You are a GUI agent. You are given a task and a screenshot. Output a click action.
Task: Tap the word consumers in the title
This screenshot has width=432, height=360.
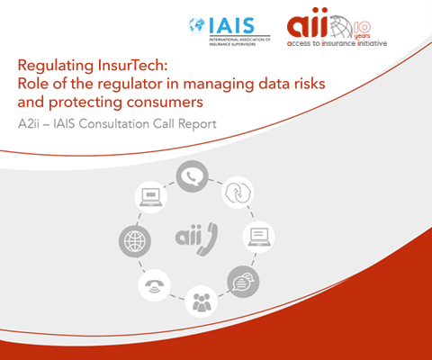coord(165,103)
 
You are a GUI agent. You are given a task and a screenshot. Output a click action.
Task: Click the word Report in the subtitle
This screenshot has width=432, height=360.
coord(197,124)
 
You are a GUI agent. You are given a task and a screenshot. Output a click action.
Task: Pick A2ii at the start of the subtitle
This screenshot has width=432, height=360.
coord(29,123)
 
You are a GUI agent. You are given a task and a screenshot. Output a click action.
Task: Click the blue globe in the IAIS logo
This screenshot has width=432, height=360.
coord(197,25)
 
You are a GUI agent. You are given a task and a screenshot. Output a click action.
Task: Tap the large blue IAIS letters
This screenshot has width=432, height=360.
coord(231,25)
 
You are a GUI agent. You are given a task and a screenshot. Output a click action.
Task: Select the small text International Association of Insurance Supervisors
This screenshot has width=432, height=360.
coord(239,41)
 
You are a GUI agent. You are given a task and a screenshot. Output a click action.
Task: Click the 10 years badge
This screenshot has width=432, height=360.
coord(362,30)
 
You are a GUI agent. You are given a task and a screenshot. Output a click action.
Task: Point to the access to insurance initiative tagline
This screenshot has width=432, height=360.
coord(337,43)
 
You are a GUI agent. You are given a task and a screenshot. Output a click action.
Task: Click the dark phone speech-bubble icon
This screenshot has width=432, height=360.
coord(192,176)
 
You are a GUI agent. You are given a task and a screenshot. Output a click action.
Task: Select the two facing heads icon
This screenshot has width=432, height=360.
coord(238,193)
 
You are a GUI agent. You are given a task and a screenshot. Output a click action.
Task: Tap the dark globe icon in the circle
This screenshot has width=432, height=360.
coord(135,241)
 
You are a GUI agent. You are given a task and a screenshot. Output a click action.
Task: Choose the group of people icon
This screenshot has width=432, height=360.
coord(201,301)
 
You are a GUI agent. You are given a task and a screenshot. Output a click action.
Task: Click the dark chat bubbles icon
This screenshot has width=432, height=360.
coord(243,282)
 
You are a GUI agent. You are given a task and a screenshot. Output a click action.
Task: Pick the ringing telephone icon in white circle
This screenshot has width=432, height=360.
coord(155,285)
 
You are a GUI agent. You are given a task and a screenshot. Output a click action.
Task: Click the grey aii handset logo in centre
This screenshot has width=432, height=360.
coord(196,239)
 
